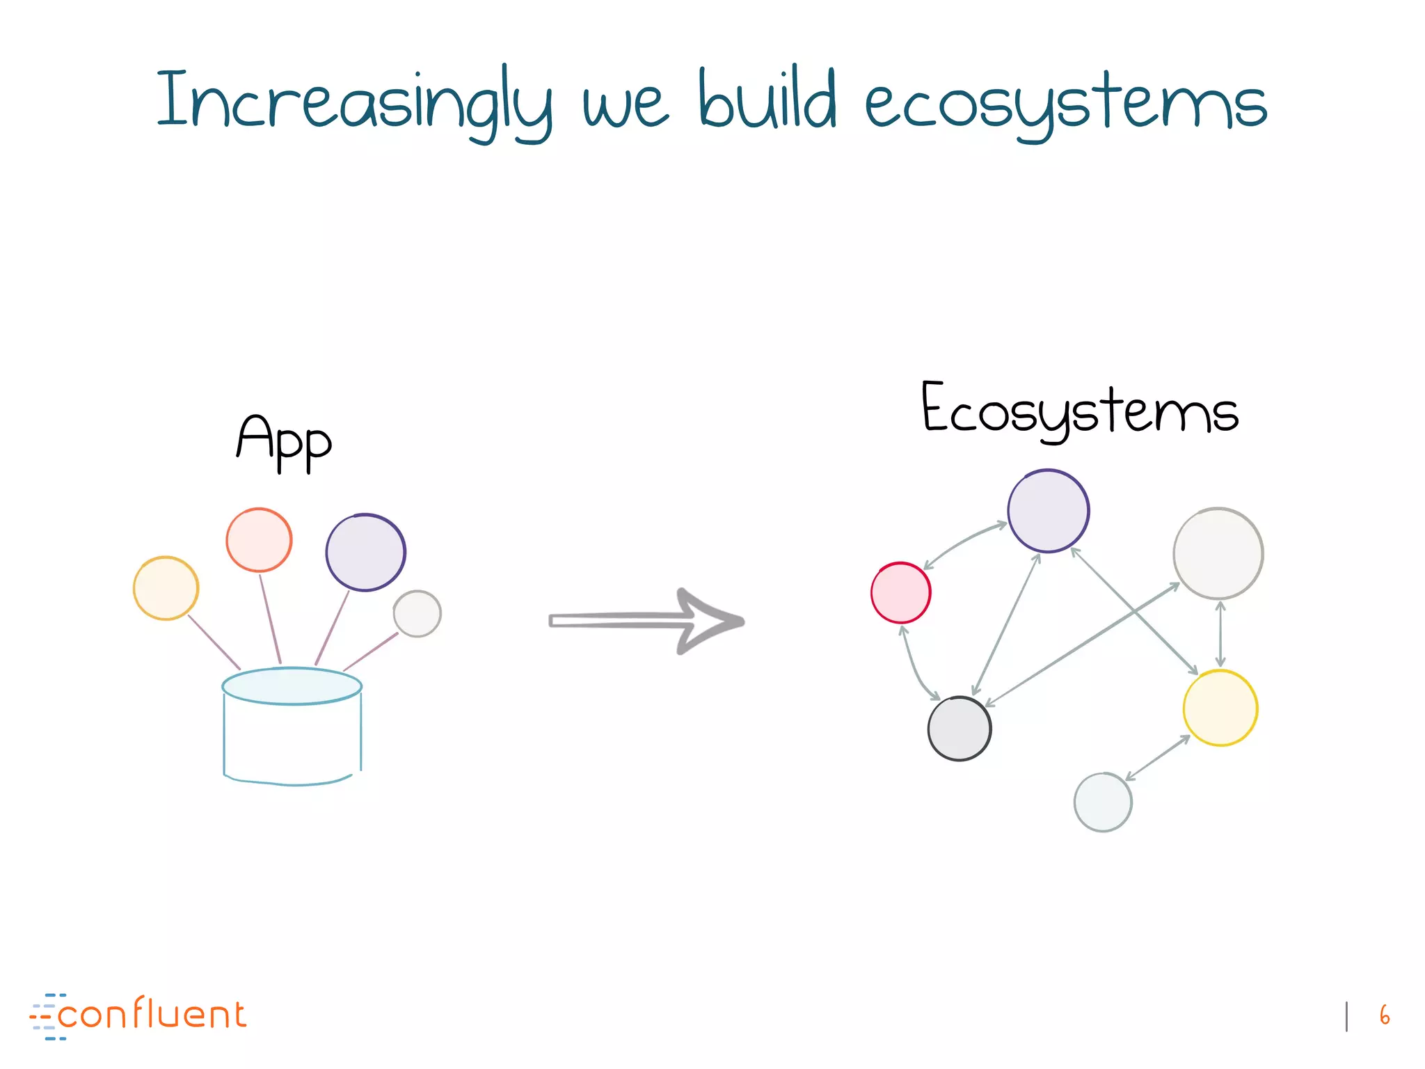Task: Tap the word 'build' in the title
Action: tap(767, 102)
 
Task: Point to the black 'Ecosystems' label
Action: tap(1080, 411)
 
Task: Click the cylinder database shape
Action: tap(292, 727)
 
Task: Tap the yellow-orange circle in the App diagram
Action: tap(166, 588)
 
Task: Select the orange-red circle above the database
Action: tap(259, 540)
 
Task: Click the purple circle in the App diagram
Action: tap(365, 553)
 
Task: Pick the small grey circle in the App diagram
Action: tap(417, 614)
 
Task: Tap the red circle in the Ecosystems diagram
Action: tap(900, 593)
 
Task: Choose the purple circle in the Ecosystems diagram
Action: tap(1048, 511)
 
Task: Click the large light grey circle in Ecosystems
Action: tap(1218, 553)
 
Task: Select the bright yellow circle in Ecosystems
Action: tap(1220, 708)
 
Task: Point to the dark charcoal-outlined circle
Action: tap(960, 729)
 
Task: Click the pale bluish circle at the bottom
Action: tap(1103, 802)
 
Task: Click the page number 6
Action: tap(1385, 1015)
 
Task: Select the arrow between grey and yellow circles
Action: tap(1220, 634)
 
